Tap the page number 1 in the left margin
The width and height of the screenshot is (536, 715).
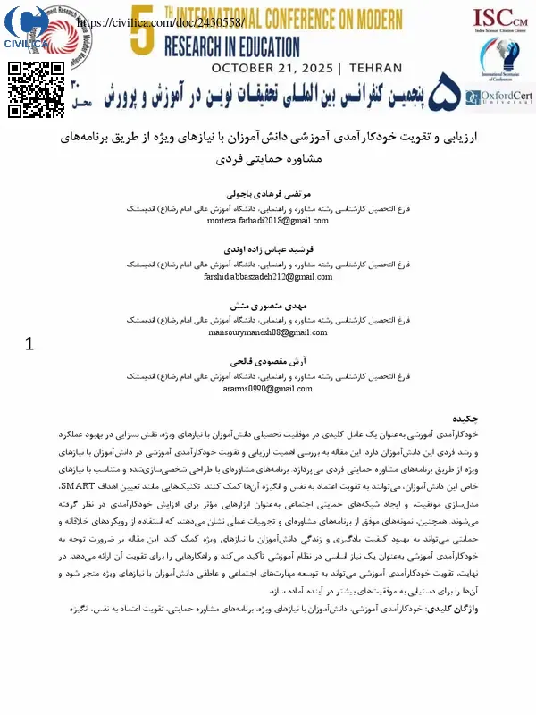[29, 343]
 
